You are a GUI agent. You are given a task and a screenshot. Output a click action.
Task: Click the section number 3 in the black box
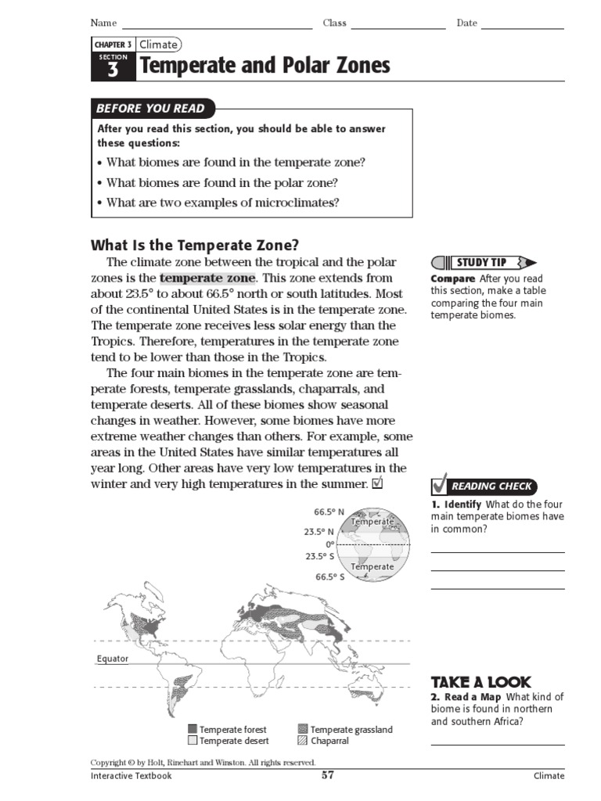[113, 70]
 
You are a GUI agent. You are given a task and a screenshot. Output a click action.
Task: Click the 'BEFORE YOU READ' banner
[150, 109]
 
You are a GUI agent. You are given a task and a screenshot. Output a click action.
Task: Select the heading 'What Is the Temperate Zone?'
[195, 243]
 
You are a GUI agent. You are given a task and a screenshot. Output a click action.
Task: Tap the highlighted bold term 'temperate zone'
[207, 278]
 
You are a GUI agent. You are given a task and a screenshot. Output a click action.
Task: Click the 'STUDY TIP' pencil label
[483, 262]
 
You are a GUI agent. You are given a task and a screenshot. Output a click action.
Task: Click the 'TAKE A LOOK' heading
[480, 681]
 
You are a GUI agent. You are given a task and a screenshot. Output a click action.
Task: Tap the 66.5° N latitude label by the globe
[329, 512]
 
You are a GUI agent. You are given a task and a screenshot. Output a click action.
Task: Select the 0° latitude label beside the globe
[330, 544]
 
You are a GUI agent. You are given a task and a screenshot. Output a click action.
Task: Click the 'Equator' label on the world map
[112, 659]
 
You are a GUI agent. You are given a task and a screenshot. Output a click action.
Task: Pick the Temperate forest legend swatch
[192, 729]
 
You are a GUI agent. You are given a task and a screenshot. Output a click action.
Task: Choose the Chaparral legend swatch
[303, 741]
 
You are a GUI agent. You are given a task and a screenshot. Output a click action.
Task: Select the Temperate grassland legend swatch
[303, 729]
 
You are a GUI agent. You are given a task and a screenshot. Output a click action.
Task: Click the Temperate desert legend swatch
[192, 741]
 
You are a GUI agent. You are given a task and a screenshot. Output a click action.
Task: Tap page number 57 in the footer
[328, 775]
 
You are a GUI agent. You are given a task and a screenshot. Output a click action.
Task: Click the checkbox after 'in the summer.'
[377, 484]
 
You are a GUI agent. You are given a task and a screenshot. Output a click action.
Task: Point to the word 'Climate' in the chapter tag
[158, 45]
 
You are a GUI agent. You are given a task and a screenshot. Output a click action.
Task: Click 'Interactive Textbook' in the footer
[131, 776]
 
